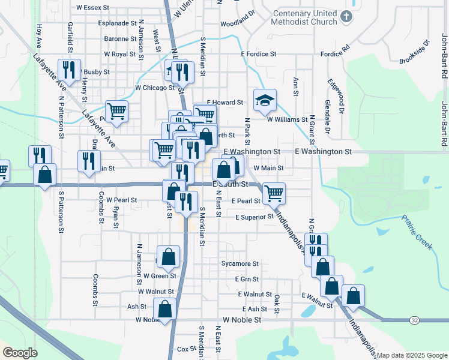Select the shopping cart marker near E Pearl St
pyautogui.click(x=274, y=193)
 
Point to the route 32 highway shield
pyautogui.click(x=415, y=321)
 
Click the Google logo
pyautogui.click(x=20, y=353)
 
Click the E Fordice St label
pyautogui.click(x=258, y=54)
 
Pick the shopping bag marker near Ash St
pyautogui.click(x=164, y=308)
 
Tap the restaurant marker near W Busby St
pyautogui.click(x=70, y=69)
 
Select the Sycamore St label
pyautogui.click(x=240, y=263)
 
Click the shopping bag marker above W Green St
pyautogui.click(x=168, y=256)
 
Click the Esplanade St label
pyautogui.click(x=118, y=23)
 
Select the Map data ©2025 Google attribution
pyautogui.click(x=412, y=355)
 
